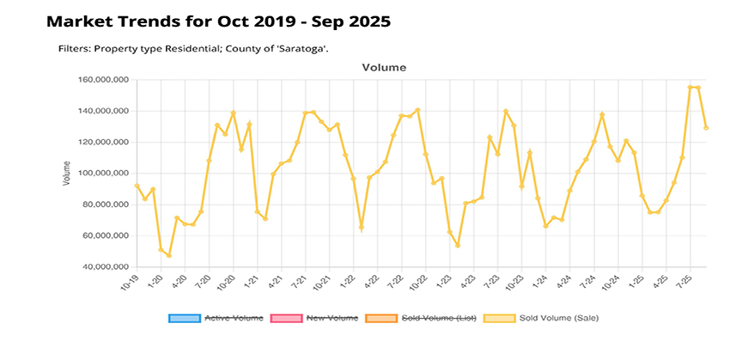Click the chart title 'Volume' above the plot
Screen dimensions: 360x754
(384, 67)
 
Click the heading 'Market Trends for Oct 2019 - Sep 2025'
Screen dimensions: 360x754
(218, 21)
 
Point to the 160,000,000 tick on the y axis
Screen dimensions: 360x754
(104, 80)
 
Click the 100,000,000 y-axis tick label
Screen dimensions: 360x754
(104, 174)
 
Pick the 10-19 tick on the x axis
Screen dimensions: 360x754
(129, 281)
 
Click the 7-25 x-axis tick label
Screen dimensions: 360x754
(684, 281)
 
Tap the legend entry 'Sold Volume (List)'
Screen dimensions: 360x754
(436, 318)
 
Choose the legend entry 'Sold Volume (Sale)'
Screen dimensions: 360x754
(557, 318)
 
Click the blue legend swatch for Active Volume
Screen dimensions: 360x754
(184, 318)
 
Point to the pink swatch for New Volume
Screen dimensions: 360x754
(287, 318)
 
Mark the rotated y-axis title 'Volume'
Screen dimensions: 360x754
(65, 174)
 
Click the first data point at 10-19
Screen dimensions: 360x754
(137, 186)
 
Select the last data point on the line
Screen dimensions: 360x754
(706, 128)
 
